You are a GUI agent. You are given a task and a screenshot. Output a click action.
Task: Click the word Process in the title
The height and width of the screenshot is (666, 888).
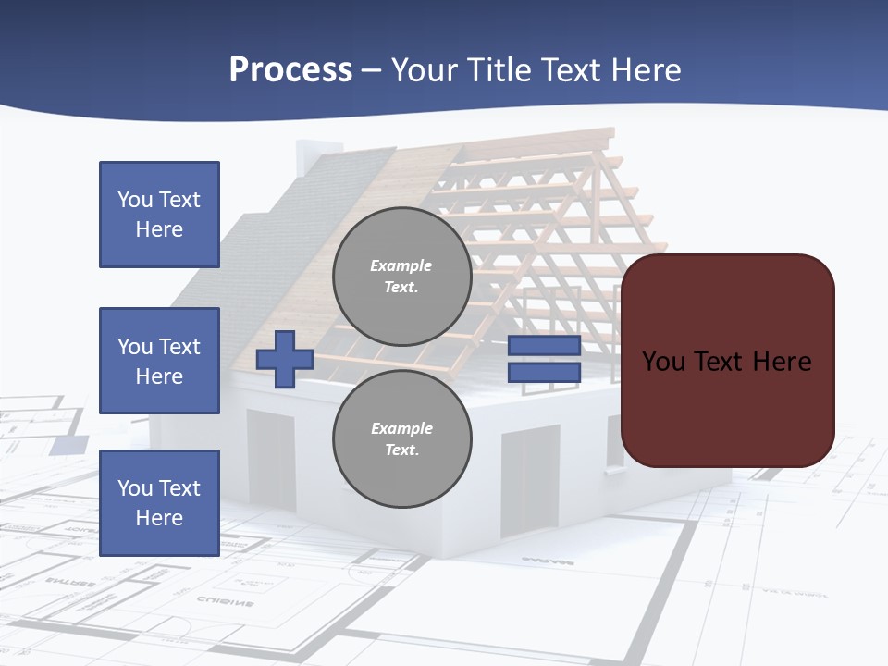pos(290,70)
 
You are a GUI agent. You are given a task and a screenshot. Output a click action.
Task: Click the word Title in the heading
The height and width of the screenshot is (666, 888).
pos(500,70)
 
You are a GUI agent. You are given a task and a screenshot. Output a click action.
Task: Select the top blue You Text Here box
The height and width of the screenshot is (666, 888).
pos(159,215)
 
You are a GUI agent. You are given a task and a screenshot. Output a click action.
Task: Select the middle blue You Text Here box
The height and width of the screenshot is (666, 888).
pos(159,361)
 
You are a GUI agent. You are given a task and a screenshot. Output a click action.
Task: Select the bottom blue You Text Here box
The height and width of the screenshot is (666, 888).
pos(159,503)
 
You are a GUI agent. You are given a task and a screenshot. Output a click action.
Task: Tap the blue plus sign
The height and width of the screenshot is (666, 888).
pos(284,359)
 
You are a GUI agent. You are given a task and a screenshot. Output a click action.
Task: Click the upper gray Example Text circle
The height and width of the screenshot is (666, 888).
pos(401,277)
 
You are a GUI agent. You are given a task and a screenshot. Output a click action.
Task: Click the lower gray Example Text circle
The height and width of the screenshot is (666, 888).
pos(401,439)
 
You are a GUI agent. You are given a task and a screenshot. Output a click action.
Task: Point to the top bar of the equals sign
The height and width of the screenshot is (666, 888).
pos(544,346)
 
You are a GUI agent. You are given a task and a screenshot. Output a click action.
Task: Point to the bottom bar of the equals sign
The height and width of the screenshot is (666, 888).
pos(544,373)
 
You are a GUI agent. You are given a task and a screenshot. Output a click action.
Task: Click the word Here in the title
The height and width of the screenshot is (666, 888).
pos(648,70)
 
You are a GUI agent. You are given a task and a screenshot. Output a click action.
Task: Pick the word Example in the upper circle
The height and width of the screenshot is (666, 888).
pos(401,265)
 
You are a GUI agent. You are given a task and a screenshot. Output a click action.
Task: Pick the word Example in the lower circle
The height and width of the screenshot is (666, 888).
pos(401,428)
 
